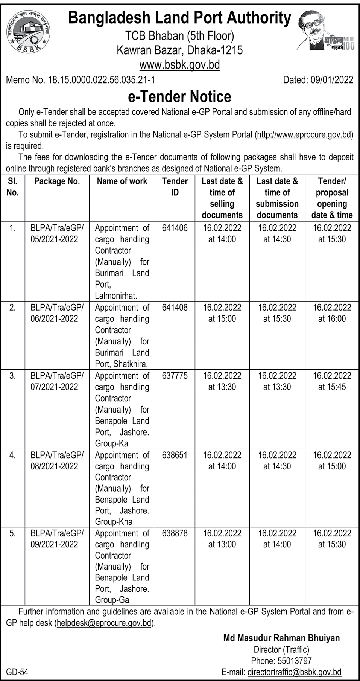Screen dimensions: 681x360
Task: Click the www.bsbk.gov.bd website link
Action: click(179, 65)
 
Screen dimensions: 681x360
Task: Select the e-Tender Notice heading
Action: click(179, 97)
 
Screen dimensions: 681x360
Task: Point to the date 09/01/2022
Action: click(332, 80)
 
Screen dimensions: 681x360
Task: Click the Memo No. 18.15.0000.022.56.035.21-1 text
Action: click(81, 80)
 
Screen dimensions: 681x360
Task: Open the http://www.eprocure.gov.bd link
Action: click(304, 134)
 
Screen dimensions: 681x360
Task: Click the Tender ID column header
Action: click(175, 187)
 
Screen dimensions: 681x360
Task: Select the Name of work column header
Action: click(122, 181)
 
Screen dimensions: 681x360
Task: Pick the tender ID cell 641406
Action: click(175, 228)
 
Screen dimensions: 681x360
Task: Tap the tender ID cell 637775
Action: click(175, 376)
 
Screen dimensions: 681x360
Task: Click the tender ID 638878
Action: click(175, 533)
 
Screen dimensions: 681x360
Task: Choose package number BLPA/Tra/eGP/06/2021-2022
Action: click(57, 313)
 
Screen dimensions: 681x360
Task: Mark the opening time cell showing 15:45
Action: click(332, 381)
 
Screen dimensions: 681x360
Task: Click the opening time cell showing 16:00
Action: click(332, 313)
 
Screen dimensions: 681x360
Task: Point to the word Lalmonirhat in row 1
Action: click(116, 296)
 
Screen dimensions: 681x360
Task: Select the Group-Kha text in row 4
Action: click(114, 522)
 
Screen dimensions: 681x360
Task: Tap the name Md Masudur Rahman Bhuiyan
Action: click(281, 638)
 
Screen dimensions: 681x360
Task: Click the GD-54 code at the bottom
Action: click(17, 672)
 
